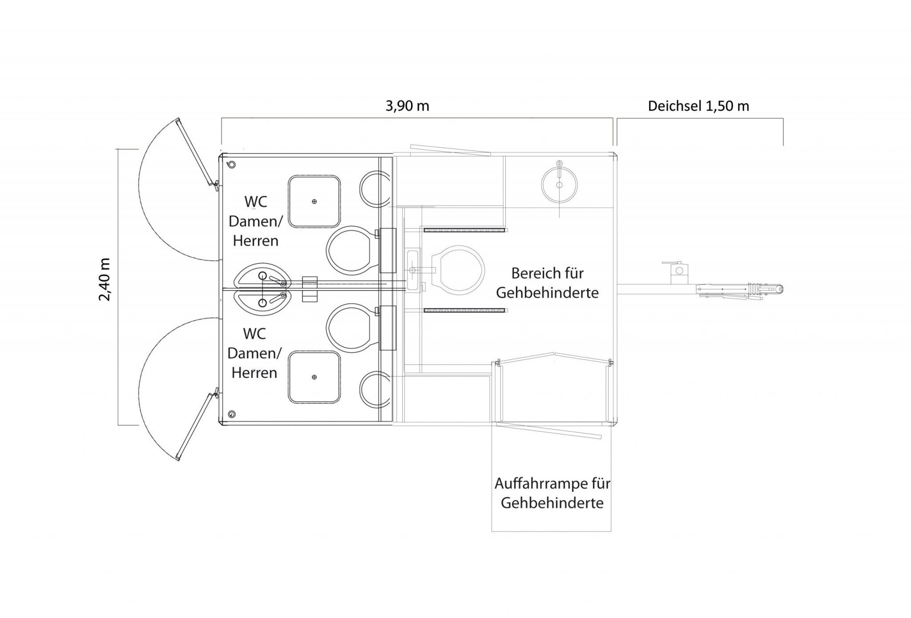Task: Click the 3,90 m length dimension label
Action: pyautogui.click(x=407, y=106)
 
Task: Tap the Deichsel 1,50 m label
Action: pyautogui.click(x=698, y=106)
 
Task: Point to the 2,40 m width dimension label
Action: pyautogui.click(x=105, y=279)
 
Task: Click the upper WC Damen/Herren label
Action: pyautogui.click(x=256, y=221)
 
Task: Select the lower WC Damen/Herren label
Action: pyautogui.click(x=254, y=353)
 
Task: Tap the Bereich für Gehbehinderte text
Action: pyautogui.click(x=547, y=283)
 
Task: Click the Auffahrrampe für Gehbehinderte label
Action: pyautogui.click(x=552, y=493)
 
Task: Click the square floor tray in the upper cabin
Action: pyautogui.click(x=314, y=202)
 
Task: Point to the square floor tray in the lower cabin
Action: pyautogui.click(x=314, y=377)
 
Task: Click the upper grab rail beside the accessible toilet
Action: pyautogui.click(x=465, y=230)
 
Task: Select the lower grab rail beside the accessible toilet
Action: pyautogui.click(x=464, y=310)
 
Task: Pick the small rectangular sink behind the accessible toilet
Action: pyautogui.click(x=413, y=270)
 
